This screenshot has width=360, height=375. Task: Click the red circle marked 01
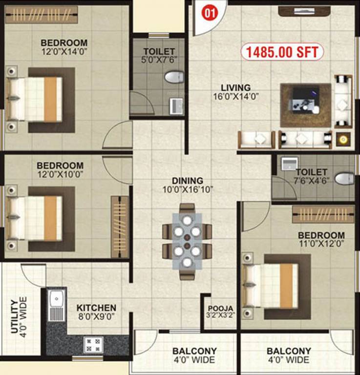207,14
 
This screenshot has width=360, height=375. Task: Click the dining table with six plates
187,239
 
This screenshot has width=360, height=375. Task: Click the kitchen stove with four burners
93,344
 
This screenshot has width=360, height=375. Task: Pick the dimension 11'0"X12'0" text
321,244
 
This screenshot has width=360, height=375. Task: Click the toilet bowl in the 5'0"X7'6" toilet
173,77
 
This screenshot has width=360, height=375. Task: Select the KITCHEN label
96,308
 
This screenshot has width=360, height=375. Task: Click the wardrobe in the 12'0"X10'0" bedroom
119,223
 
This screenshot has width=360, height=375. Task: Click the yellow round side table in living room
344,140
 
